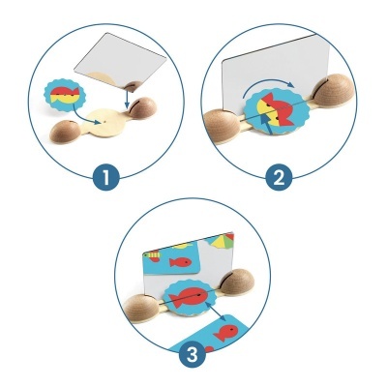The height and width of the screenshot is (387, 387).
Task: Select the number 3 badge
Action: coord(193,354)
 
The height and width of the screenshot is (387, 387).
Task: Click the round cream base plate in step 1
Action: coord(105,119)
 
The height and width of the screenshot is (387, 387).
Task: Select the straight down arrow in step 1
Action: coord(128,93)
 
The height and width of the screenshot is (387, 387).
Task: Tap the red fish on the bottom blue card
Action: coord(223,334)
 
